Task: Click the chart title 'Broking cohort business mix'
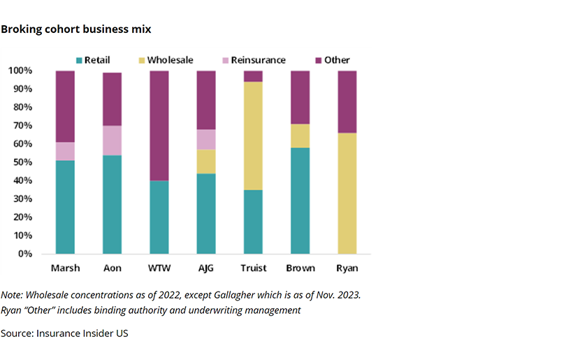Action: click(75, 29)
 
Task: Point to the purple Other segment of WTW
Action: click(159, 126)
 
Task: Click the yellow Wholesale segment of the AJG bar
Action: click(206, 161)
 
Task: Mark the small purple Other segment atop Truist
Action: click(253, 76)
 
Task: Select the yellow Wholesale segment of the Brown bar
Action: click(300, 136)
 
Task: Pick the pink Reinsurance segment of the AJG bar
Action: click(206, 139)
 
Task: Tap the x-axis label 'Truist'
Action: click(253, 268)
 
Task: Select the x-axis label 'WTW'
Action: click(159, 268)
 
